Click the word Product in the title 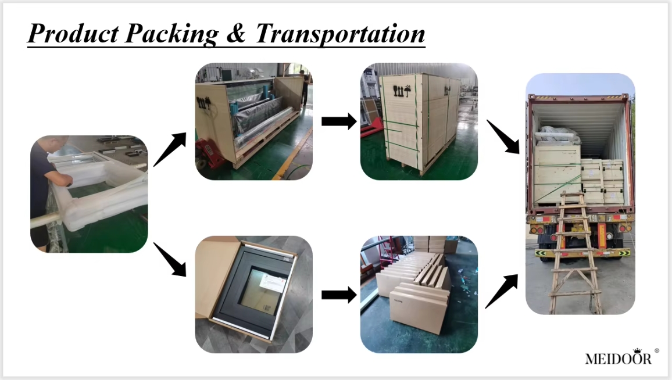70,34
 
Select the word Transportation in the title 339,34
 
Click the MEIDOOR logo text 618,359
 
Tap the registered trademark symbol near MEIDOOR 657,351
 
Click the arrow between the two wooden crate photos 338,121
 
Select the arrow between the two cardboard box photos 338,295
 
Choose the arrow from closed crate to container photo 503,137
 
